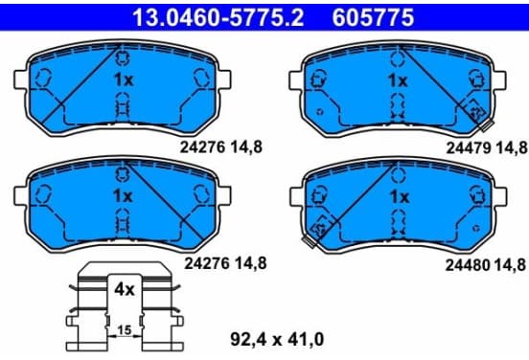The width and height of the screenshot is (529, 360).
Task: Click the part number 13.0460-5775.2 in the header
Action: (x=218, y=17)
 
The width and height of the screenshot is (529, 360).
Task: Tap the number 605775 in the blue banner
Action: (x=373, y=17)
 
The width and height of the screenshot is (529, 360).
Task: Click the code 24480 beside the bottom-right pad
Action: (x=468, y=265)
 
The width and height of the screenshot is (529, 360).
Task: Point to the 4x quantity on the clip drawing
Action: (x=125, y=289)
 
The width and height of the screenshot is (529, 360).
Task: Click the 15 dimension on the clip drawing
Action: (x=125, y=330)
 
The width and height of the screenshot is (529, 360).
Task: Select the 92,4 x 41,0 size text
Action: (x=277, y=339)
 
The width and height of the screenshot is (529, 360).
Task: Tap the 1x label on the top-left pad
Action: (x=124, y=79)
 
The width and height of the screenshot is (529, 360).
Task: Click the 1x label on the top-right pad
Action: (x=398, y=80)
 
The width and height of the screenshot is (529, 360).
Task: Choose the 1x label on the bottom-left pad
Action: (x=123, y=196)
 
